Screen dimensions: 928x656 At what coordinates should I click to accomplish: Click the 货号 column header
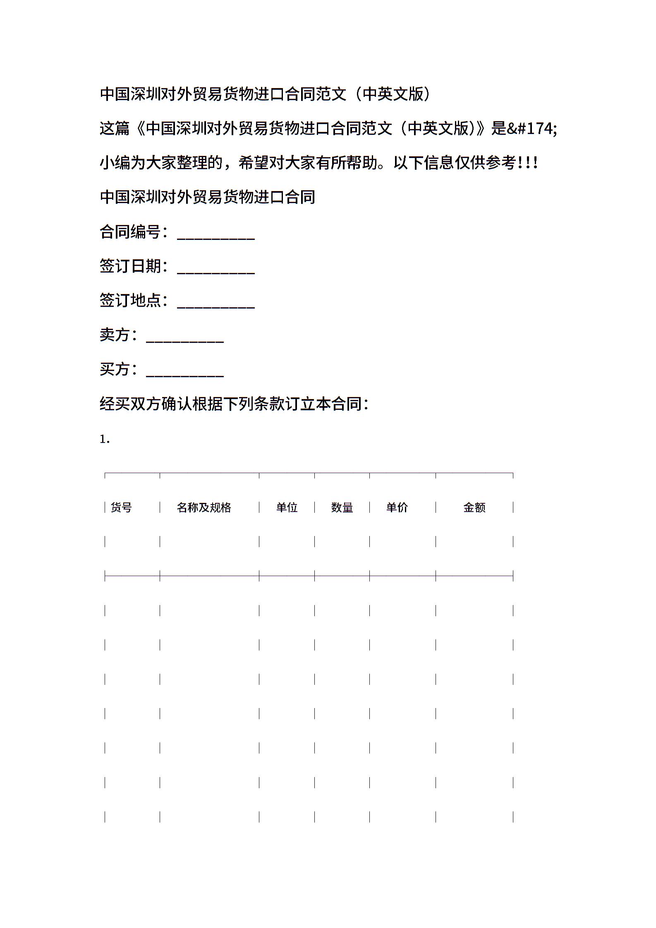[x=121, y=507]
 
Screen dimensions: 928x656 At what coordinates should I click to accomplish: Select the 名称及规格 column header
[x=204, y=507]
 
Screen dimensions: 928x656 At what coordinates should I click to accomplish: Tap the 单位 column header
[x=287, y=507]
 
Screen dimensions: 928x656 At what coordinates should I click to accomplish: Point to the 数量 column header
[x=342, y=507]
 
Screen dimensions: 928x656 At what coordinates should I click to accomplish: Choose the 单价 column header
[x=397, y=507]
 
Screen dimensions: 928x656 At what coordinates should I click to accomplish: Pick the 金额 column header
[x=474, y=507]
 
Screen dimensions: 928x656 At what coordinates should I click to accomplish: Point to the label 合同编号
[x=130, y=232]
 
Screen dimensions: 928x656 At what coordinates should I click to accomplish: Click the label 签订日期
[x=130, y=266]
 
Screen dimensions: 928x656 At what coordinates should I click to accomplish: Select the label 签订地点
[x=130, y=300]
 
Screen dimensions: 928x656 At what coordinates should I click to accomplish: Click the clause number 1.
[x=105, y=439]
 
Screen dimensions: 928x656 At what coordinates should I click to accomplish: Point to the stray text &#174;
[x=532, y=129]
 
